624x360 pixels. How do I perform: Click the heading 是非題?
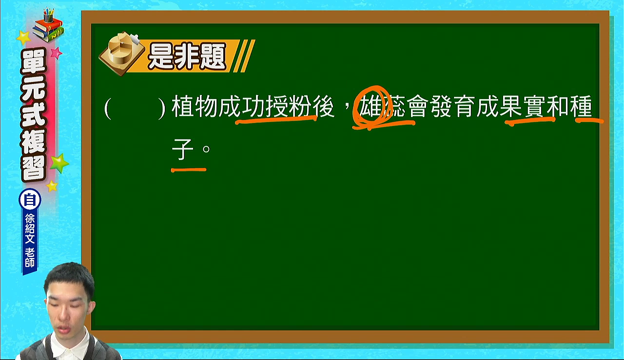point(187,56)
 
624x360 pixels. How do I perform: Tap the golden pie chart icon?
point(122,54)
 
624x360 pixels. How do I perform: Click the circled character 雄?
point(370,106)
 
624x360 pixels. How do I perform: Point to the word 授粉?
point(288,106)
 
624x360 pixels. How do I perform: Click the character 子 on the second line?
point(182,149)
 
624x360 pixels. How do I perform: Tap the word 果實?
point(523,106)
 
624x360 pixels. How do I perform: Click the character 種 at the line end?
point(581,106)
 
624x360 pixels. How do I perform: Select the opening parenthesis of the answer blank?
point(108,108)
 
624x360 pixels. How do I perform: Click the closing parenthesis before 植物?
point(162,108)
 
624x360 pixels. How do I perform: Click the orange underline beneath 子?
point(189,170)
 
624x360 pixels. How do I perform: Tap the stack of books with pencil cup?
point(48,26)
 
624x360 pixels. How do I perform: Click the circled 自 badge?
point(30,200)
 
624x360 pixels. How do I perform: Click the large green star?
point(59,163)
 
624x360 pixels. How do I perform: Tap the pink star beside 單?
point(56,53)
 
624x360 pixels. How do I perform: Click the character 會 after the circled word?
point(417,106)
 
